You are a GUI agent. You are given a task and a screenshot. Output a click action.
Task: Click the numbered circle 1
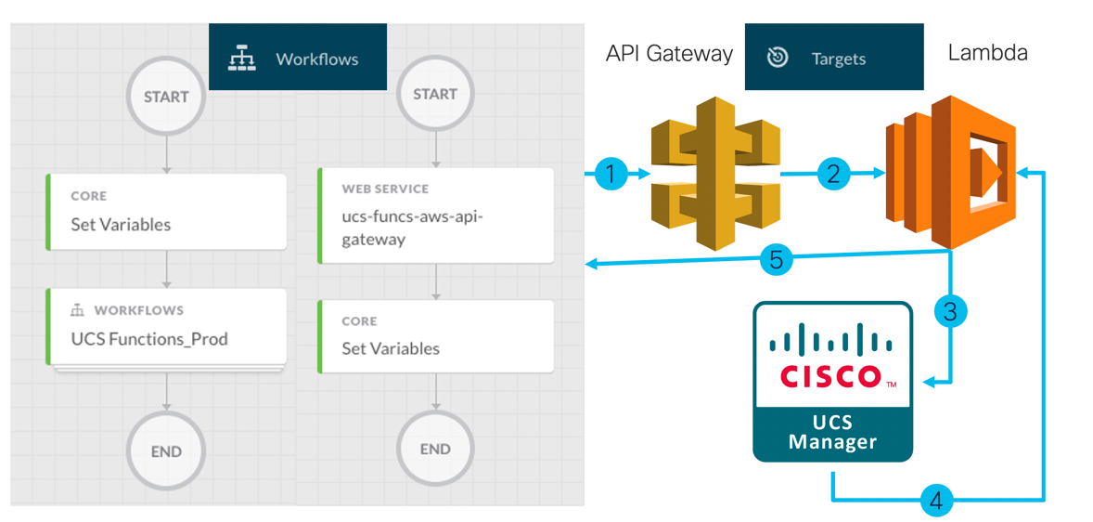[x=610, y=174]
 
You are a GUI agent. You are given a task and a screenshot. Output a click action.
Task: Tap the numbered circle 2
[x=833, y=174]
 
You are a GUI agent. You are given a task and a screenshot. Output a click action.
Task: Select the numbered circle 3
[x=950, y=310]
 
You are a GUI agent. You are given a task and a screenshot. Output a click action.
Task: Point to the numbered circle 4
[x=936, y=501]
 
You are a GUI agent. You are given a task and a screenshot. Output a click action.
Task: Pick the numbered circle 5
[x=777, y=259]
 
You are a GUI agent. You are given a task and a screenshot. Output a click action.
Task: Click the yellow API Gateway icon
[x=714, y=172]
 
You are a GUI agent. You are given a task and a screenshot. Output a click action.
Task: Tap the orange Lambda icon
[x=950, y=172]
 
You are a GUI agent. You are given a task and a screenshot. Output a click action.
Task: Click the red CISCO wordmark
[x=831, y=376]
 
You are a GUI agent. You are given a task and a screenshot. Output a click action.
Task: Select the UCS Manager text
[x=832, y=433]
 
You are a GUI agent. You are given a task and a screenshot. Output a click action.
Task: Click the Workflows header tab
[x=298, y=58]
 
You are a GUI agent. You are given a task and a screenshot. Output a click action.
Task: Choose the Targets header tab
[x=833, y=58]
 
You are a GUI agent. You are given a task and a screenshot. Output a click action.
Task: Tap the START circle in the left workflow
[x=166, y=97]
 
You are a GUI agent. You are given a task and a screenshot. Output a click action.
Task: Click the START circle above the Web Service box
[x=435, y=94]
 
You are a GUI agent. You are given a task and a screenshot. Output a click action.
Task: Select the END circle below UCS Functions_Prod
[x=166, y=451]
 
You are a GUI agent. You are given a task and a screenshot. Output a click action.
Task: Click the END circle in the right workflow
[x=435, y=449]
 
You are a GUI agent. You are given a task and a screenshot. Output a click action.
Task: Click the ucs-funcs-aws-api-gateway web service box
[x=436, y=215]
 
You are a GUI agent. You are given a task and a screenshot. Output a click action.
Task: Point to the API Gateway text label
[x=669, y=54]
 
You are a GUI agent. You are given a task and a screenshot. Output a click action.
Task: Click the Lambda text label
[x=987, y=53]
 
